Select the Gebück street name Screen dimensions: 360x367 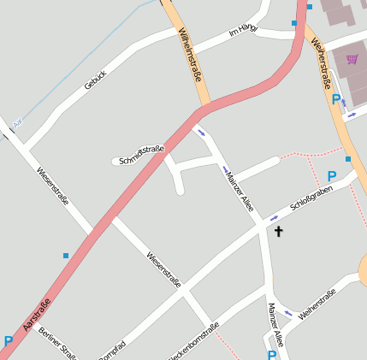(95, 80)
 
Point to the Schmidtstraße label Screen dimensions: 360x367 (142, 154)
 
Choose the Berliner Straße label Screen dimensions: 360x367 (59, 343)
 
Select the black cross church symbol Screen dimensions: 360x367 (277, 231)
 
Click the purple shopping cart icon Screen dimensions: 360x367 (352, 59)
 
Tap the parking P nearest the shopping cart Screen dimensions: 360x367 (335, 99)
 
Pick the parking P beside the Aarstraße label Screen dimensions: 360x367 (9, 341)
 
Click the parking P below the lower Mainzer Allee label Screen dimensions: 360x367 (272, 354)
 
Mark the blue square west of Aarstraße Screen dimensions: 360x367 (66, 255)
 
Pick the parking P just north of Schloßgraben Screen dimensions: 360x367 (332, 175)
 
